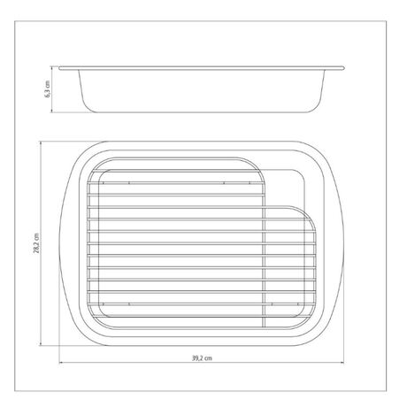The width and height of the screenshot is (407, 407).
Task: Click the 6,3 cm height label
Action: tap(47, 89)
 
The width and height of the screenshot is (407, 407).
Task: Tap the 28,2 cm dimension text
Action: tap(36, 243)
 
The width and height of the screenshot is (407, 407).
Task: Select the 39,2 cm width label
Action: tap(202, 358)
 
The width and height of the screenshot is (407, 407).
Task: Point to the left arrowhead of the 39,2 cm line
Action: tap(60, 363)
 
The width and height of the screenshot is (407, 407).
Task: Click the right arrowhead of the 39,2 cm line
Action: tap(342, 363)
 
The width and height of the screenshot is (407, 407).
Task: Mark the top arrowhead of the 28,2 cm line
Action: tap(41, 142)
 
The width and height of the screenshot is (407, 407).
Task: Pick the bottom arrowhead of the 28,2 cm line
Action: tap(41, 344)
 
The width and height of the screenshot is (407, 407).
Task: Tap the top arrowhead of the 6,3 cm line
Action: tap(51, 68)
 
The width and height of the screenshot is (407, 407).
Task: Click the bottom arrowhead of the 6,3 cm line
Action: tap(51, 111)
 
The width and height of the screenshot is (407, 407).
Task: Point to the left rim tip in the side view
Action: tap(59, 68)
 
